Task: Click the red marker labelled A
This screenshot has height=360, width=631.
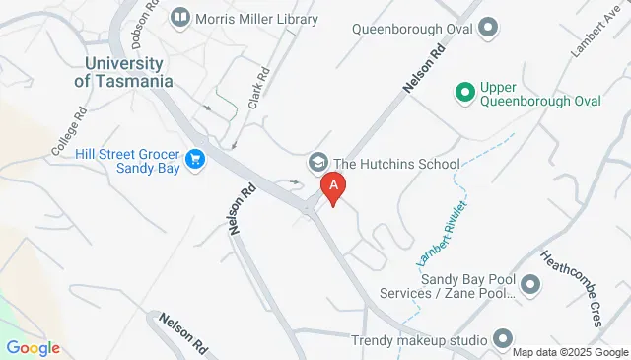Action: [x=334, y=186]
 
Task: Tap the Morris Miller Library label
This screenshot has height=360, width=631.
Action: [x=256, y=19]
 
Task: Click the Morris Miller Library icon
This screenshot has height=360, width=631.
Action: [x=179, y=17]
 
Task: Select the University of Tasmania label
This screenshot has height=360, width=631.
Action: [x=123, y=72]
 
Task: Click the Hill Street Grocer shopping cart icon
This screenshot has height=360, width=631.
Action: [x=195, y=159]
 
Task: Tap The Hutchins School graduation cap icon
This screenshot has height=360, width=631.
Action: [x=318, y=162]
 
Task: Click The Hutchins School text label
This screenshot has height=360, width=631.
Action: [x=396, y=164]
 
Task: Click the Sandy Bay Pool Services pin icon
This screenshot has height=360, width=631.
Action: [x=531, y=286]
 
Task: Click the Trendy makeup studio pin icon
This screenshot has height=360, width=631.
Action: [x=503, y=340]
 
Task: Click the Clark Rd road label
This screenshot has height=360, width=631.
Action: [x=260, y=89]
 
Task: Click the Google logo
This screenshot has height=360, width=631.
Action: [x=33, y=348]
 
